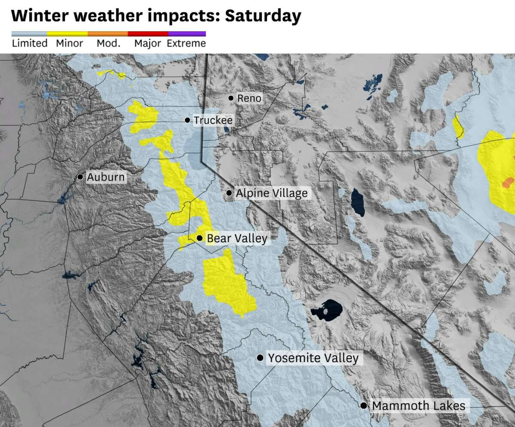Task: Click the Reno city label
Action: (249, 99)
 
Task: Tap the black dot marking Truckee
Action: (188, 120)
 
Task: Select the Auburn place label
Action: (106, 177)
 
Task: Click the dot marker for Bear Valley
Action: (200, 238)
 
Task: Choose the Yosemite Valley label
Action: (313, 358)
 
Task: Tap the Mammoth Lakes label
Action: (418, 406)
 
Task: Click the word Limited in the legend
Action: (30, 43)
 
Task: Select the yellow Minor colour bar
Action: (67, 33)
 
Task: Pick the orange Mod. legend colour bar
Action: (108, 33)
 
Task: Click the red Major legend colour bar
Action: (148, 33)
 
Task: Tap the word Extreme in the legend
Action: (186, 43)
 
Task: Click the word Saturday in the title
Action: (263, 16)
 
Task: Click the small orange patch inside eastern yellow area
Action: (508, 182)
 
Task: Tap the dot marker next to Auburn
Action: (80, 177)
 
